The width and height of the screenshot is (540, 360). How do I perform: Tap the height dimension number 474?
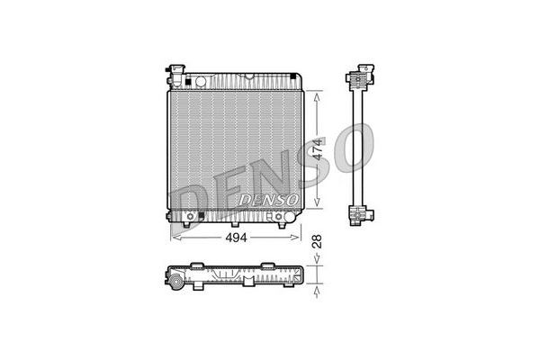[317, 149]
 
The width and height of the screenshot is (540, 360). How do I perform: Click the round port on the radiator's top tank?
[201, 81]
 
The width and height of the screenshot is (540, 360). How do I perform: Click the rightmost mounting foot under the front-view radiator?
[282, 223]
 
